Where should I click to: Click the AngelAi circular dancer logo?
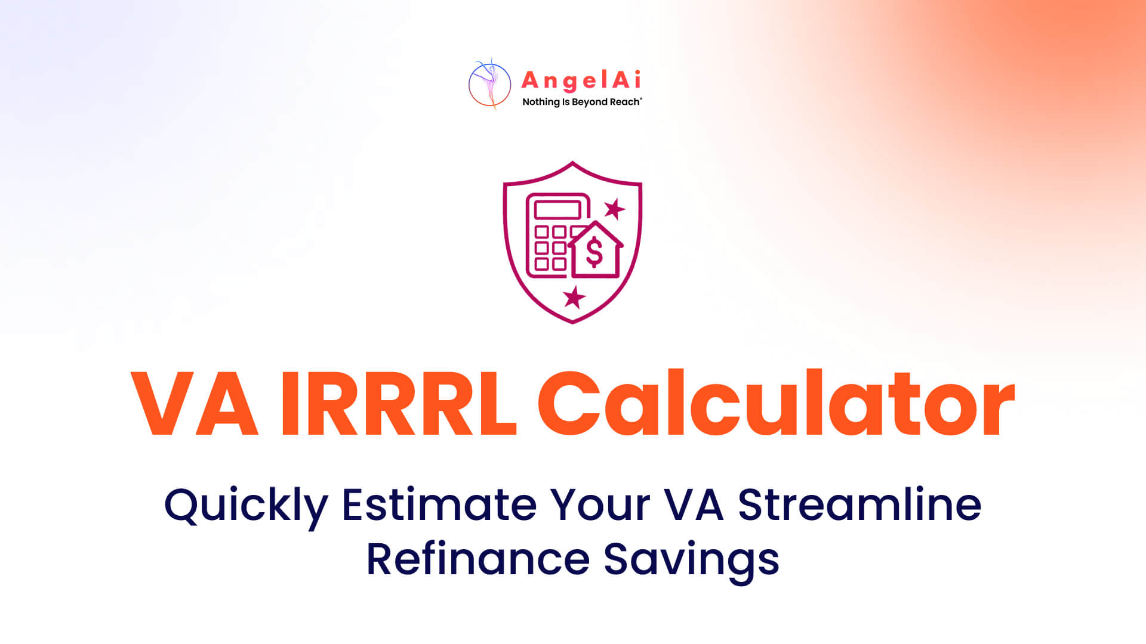click(489, 85)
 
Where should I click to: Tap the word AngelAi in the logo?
click(581, 80)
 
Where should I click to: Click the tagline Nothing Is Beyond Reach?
click(582, 102)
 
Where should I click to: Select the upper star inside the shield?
click(614, 209)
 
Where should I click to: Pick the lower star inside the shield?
click(574, 297)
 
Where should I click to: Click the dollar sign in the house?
click(594, 252)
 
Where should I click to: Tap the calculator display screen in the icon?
click(557, 210)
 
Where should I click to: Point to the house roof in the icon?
click(595, 234)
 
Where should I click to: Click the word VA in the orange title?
click(195, 404)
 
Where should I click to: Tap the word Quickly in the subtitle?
click(246, 507)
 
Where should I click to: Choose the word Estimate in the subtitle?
click(439, 505)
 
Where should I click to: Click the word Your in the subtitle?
click(600, 505)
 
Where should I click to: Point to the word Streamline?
click(860, 504)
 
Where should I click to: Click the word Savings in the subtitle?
click(691, 561)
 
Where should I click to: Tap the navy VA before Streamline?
click(694, 505)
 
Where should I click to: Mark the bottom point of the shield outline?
click(572, 323)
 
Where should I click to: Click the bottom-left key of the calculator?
click(541, 264)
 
